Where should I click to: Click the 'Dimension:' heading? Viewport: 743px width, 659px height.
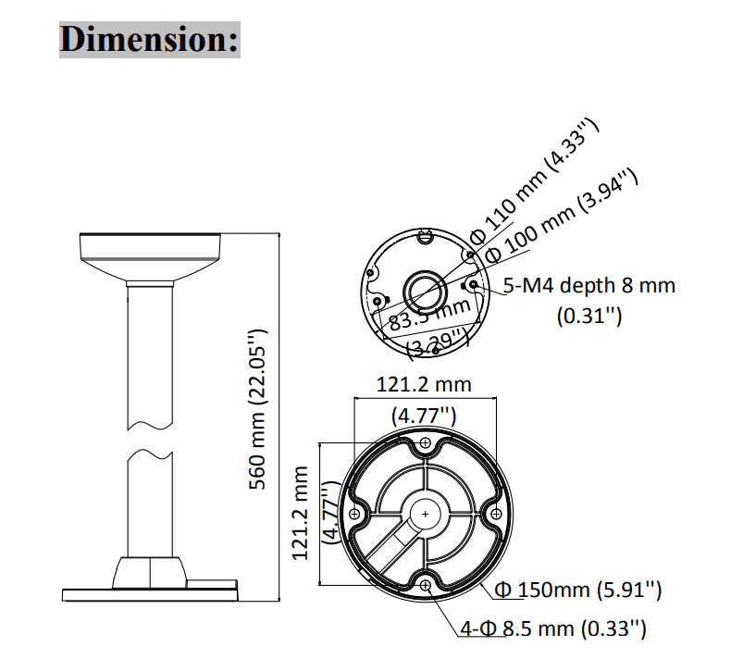point(150,39)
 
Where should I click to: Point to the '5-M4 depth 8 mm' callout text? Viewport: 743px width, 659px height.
point(589,285)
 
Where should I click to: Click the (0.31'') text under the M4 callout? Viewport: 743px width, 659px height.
point(588,316)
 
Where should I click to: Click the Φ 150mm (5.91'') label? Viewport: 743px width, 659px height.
point(577,590)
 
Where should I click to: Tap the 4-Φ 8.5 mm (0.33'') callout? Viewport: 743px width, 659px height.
point(552,630)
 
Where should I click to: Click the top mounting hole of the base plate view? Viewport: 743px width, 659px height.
point(425,444)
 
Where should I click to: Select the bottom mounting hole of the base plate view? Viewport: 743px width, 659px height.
point(425,585)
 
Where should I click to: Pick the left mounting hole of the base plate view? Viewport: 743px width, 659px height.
point(354,514)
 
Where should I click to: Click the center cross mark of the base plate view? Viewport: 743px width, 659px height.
point(425,514)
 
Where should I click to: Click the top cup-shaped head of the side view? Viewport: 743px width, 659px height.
point(151,258)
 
